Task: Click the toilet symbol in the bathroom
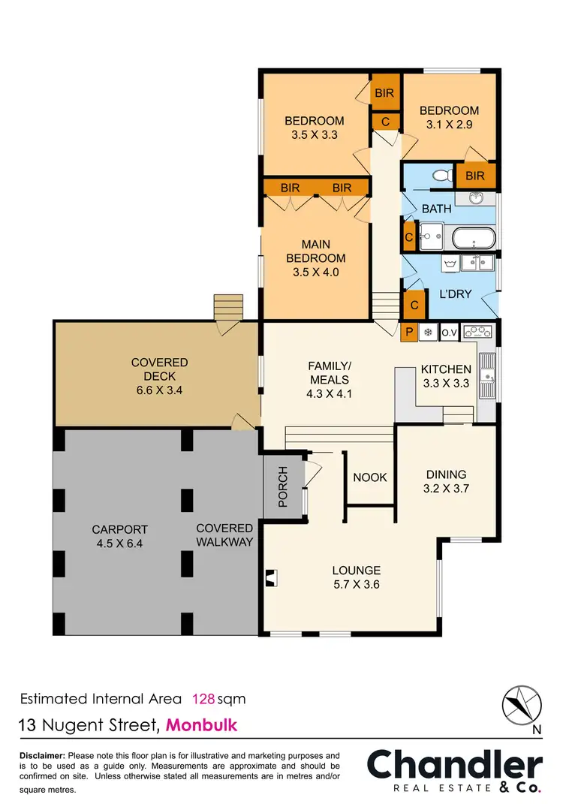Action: pos(444,175)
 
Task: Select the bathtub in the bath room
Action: pos(474,239)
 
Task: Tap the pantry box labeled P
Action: pos(410,331)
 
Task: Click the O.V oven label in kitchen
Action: pos(449,331)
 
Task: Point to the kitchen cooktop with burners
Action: pos(477,330)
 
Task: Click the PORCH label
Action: pos(283,486)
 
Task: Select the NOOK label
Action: pos(369,477)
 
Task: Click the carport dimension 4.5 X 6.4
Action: pos(120,544)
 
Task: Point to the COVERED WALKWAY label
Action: pos(224,535)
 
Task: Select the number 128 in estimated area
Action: pos(203,699)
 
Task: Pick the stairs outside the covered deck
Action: pos(229,308)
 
